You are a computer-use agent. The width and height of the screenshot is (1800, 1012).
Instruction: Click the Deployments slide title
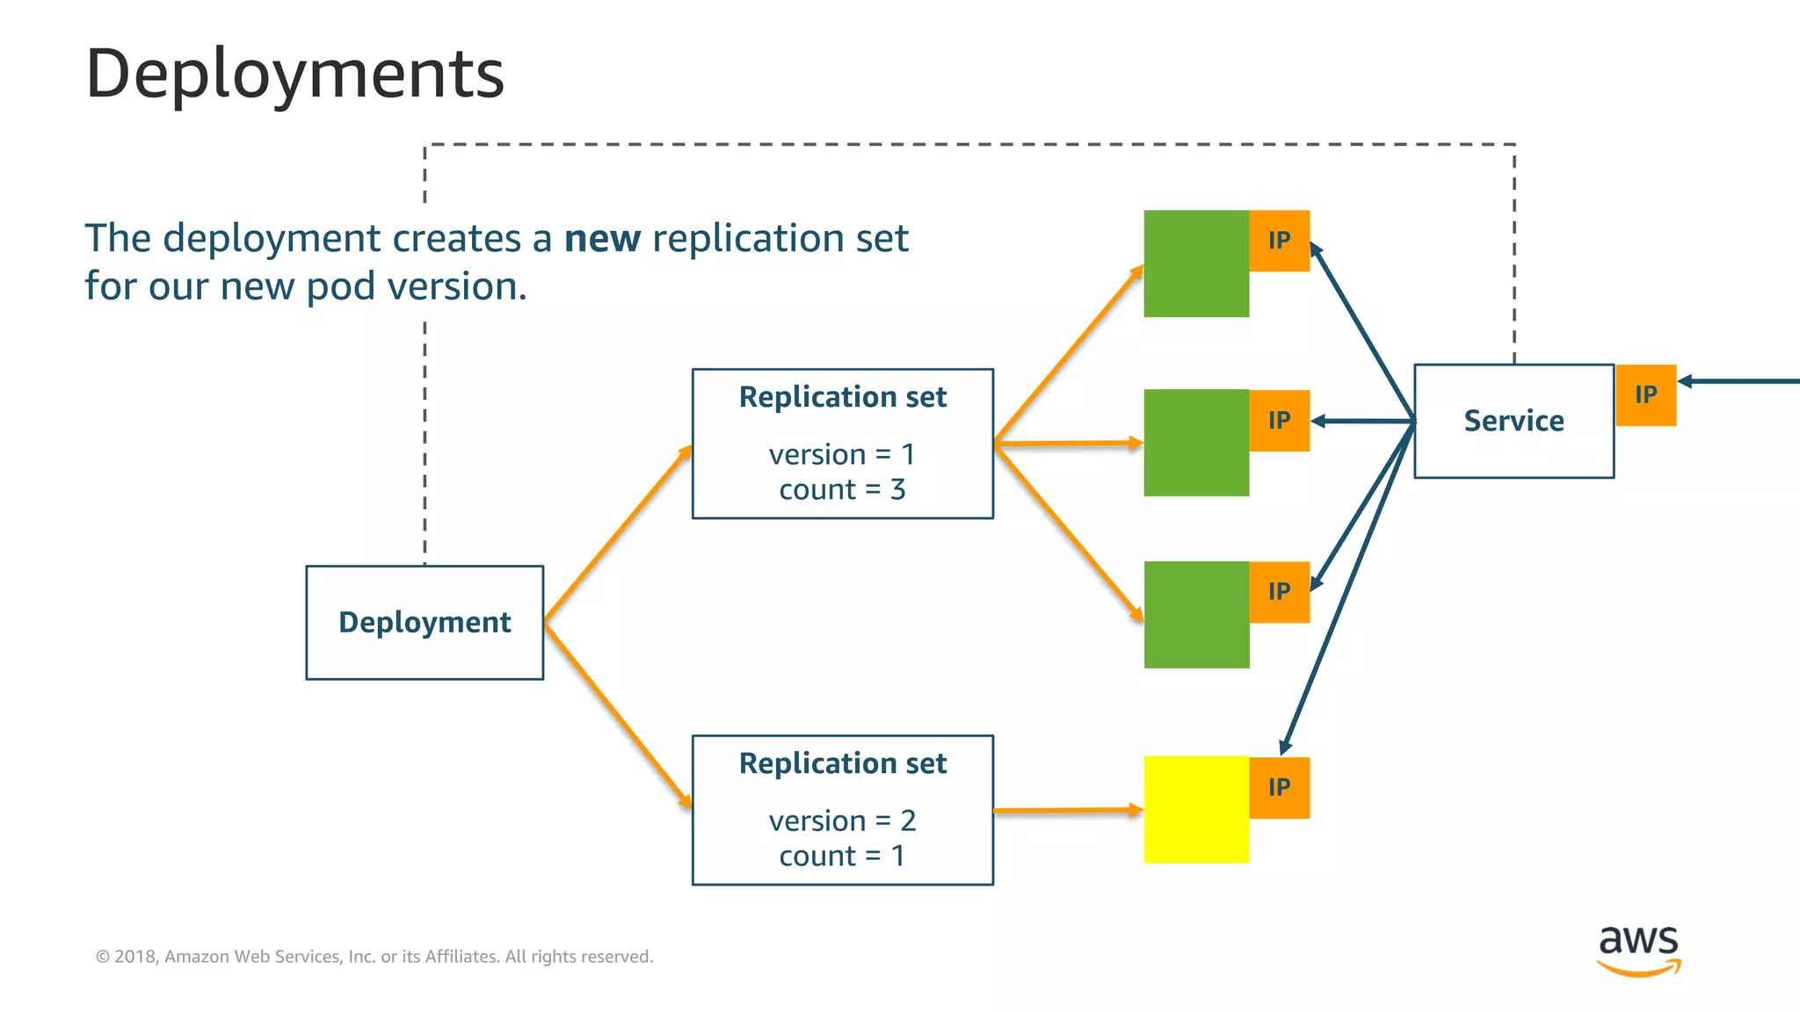(x=294, y=74)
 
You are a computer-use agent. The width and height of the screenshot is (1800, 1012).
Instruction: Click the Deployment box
(x=425, y=622)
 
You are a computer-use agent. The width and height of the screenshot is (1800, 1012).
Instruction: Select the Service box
(x=1513, y=421)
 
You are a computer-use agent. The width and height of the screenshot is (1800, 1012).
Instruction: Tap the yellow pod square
(x=1195, y=809)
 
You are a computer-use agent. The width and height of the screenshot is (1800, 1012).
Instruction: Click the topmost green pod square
(x=1195, y=264)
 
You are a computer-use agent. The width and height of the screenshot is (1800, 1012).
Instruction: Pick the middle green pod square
(x=1195, y=443)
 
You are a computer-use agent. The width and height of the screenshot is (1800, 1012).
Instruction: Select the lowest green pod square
(x=1195, y=615)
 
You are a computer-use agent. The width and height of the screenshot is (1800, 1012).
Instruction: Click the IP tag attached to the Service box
(x=1646, y=395)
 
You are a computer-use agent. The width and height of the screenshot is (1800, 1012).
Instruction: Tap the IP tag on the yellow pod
(x=1280, y=787)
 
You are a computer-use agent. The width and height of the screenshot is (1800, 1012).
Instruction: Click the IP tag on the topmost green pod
(x=1280, y=241)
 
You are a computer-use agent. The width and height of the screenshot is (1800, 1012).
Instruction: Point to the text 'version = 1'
(x=842, y=454)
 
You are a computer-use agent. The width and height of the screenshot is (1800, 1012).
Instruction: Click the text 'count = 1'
(x=842, y=856)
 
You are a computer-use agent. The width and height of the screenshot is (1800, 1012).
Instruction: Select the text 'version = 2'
(x=842, y=820)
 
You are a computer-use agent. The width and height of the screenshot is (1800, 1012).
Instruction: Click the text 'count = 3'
(x=842, y=489)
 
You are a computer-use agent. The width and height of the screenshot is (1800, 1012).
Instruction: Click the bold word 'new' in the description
(x=602, y=239)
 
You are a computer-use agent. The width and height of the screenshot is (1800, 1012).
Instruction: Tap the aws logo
(x=1638, y=949)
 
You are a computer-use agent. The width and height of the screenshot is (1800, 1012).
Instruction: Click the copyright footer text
(x=374, y=957)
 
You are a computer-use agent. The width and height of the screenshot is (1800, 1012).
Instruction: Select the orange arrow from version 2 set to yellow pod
(x=1067, y=811)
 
